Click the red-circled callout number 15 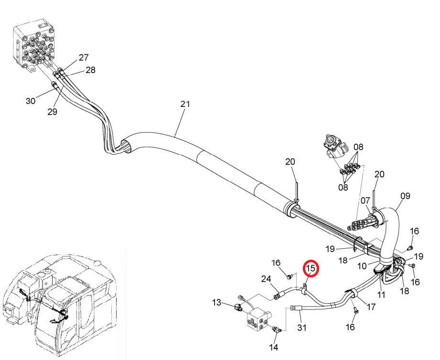311,268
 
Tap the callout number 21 185,104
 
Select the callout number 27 84,57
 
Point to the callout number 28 90,70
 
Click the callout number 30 31,101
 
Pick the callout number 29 52,112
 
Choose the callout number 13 216,303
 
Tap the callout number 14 274,348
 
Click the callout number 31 301,328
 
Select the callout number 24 266,279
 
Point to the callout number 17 371,307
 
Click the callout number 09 405,196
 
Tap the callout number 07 365,201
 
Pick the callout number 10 362,266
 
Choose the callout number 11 381,295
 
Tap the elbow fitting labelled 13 238,308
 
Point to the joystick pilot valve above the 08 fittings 335,147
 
